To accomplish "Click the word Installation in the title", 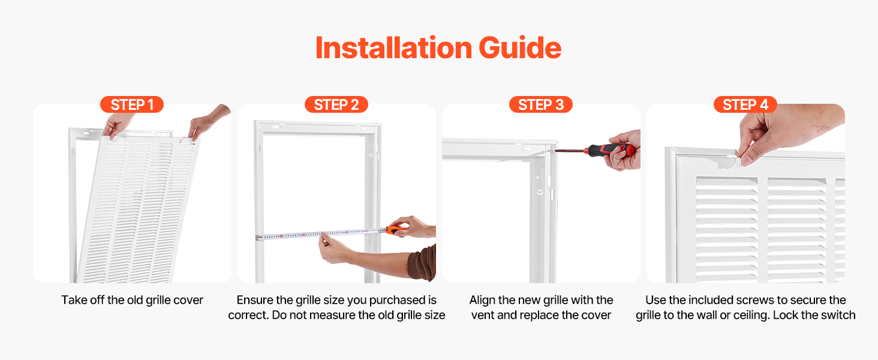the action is pos(393,48).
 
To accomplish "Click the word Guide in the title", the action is pos(520,48).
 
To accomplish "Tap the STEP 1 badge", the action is pos(132,105).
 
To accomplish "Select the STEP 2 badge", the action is pos(336,105).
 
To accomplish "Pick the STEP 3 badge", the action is pos(541,105).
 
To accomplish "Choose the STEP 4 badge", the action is pos(745,105).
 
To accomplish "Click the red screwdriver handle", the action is pos(609,149).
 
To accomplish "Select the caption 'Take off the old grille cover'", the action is pos(132,300).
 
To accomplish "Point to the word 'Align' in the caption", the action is pos(483,300).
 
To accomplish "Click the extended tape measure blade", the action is pos(321,234).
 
